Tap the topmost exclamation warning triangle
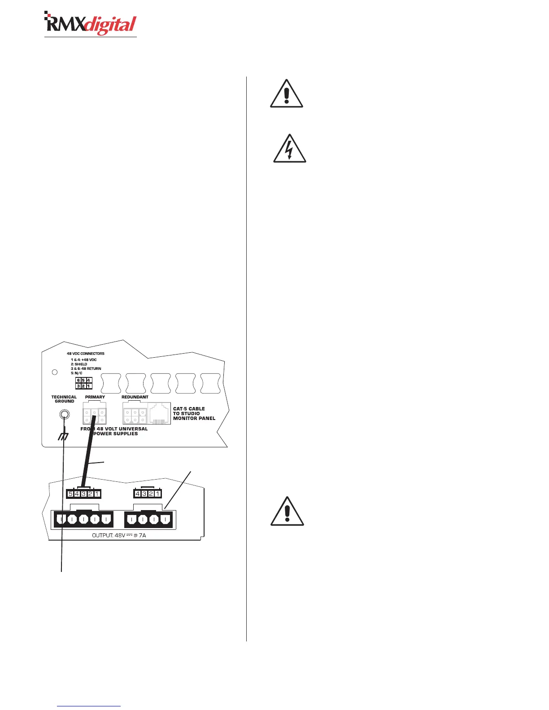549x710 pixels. pyautogui.click(x=287, y=95)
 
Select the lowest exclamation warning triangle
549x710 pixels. pyautogui.click(x=287, y=512)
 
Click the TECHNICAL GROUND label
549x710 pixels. pyautogui.click(x=64, y=399)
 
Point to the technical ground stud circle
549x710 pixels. pyautogui.click(x=65, y=415)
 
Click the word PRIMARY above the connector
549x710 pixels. pyautogui.click(x=95, y=397)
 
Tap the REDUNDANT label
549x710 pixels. pyautogui.click(x=135, y=397)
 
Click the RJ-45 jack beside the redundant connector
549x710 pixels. pyautogui.click(x=159, y=413)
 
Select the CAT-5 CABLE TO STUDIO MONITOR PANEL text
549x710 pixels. pyautogui.click(x=194, y=413)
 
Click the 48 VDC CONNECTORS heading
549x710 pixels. pyautogui.click(x=86, y=354)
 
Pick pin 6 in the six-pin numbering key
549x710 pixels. pyautogui.click(x=78, y=381)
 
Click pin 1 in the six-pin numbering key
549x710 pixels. pyautogui.click(x=89, y=386)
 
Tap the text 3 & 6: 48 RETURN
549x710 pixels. pyautogui.click(x=86, y=368)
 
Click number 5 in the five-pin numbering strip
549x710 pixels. pyautogui.click(x=70, y=494)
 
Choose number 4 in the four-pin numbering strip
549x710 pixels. pyautogui.click(x=138, y=494)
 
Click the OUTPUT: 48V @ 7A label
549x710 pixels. pyautogui.click(x=119, y=535)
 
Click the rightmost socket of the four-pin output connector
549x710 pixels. pyautogui.click(x=166, y=520)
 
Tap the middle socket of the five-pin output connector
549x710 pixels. pyautogui.click(x=83, y=520)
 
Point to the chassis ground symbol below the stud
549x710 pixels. pyautogui.click(x=63, y=436)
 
